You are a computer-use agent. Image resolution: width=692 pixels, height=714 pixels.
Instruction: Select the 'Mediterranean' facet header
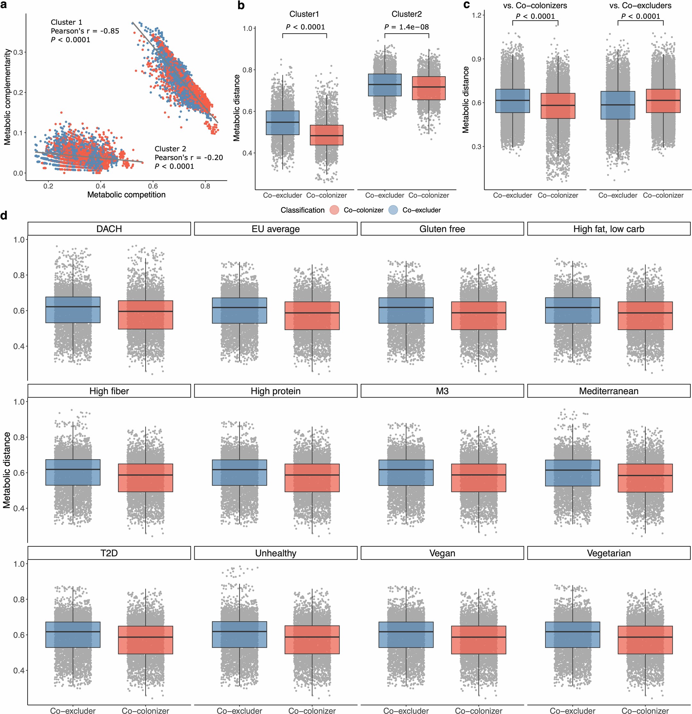608,391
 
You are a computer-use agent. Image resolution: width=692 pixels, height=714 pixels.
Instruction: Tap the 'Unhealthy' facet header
276,553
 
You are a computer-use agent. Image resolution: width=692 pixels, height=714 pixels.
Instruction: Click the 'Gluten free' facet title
442,229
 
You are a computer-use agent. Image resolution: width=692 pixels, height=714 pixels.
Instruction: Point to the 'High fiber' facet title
109,391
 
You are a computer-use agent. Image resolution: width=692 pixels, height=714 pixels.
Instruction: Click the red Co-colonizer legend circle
334,210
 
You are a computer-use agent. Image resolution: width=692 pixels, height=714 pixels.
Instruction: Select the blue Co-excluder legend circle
393,210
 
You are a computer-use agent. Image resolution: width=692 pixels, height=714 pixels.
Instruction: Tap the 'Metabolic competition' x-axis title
126,195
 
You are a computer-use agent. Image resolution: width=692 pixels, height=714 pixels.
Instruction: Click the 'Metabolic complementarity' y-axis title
7,97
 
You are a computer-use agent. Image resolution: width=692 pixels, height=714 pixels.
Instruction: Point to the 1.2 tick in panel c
476,15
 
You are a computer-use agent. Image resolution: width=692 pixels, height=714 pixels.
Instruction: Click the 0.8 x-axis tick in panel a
205,186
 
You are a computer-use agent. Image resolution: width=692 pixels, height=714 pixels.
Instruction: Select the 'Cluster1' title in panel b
304,14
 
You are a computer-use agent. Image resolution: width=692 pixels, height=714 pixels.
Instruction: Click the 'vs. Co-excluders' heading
640,5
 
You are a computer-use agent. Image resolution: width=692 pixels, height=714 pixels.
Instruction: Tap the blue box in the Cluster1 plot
282,123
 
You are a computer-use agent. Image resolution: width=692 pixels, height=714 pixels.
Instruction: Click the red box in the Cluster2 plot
429,88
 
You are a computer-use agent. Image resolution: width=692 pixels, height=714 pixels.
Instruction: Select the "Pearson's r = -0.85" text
84,31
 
